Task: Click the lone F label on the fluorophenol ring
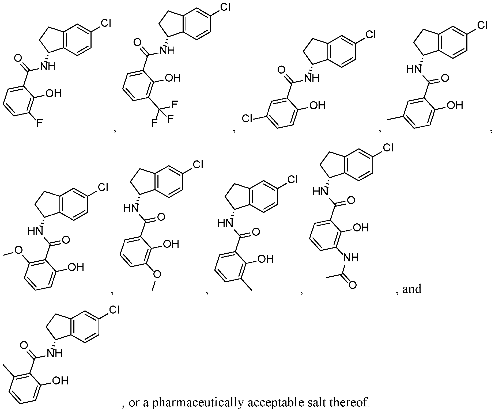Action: pos(40,124)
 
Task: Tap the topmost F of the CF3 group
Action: pos(174,105)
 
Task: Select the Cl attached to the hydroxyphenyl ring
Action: pos(247,118)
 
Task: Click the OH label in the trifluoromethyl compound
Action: pos(173,78)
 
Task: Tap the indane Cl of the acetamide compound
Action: pos(388,148)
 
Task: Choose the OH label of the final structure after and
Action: pos(61,380)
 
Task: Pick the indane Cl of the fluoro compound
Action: pos(105,23)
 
